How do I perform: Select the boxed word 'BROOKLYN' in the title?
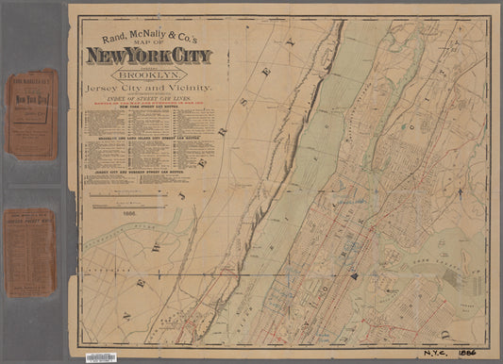click(x=149, y=73)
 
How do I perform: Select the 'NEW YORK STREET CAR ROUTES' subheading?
click(x=149, y=108)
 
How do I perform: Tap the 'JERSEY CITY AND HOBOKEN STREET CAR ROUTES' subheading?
click(x=149, y=174)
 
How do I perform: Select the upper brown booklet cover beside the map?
click(x=32, y=112)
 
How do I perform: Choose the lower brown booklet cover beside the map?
click(x=32, y=252)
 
